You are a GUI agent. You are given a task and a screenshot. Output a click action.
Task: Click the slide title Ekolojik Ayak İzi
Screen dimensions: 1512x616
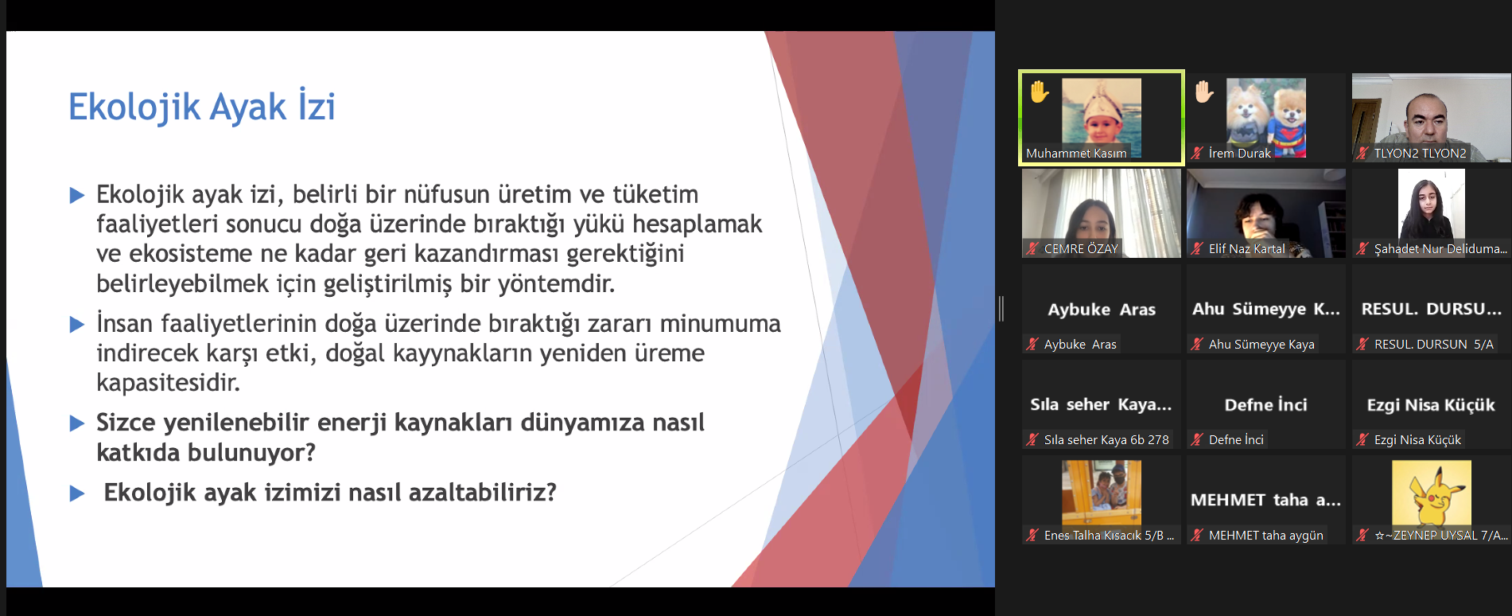pyautogui.click(x=202, y=107)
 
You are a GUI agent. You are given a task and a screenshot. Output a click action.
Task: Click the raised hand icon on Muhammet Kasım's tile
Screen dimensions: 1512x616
pyautogui.click(x=1040, y=92)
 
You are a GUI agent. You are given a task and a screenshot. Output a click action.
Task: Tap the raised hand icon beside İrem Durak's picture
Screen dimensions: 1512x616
pyautogui.click(x=1204, y=92)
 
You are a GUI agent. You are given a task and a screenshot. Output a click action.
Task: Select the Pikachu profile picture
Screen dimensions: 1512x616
pyautogui.click(x=1431, y=493)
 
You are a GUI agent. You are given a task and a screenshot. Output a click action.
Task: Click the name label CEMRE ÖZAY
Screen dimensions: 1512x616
pyautogui.click(x=1081, y=248)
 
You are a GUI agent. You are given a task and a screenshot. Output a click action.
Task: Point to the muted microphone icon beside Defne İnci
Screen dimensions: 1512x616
pyautogui.click(x=1196, y=439)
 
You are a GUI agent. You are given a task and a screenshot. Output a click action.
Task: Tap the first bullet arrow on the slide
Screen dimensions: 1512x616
pyautogui.click(x=77, y=195)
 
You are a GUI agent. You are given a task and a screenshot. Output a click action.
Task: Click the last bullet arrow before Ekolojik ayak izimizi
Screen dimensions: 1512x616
pyautogui.click(x=77, y=493)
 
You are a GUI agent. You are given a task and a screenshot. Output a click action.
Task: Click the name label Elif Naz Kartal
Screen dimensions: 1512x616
pyautogui.click(x=1246, y=248)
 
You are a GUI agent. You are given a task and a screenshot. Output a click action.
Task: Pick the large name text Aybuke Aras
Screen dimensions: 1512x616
pyautogui.click(x=1102, y=310)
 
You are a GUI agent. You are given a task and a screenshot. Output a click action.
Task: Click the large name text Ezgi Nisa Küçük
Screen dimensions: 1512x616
pyautogui.click(x=1431, y=405)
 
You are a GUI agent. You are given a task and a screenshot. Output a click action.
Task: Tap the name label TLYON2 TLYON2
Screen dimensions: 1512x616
pyautogui.click(x=1420, y=153)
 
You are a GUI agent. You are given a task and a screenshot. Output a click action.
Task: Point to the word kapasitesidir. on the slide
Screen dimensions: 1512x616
pyautogui.click(x=169, y=383)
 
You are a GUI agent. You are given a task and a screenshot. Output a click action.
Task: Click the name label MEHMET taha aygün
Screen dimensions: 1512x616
pyautogui.click(x=1266, y=535)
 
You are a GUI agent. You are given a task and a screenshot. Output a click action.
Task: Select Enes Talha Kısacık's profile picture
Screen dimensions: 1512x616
pyautogui.click(x=1102, y=493)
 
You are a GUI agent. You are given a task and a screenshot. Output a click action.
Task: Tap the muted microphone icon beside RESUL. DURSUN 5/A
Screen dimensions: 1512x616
pyautogui.click(x=1362, y=344)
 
